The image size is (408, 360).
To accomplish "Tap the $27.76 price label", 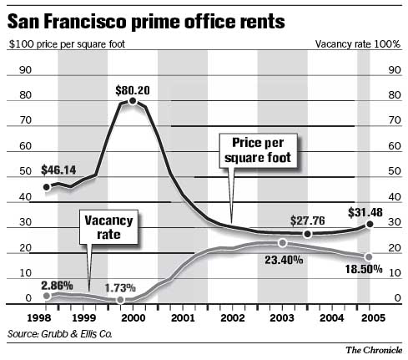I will point(306,221).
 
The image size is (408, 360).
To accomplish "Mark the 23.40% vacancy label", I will point(282,259).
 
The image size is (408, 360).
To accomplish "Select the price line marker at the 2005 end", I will point(369,225).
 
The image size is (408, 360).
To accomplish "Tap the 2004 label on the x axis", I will point(332,318).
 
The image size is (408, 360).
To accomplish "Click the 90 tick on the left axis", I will point(26,70).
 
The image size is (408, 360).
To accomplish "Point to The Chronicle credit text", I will point(374,350).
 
